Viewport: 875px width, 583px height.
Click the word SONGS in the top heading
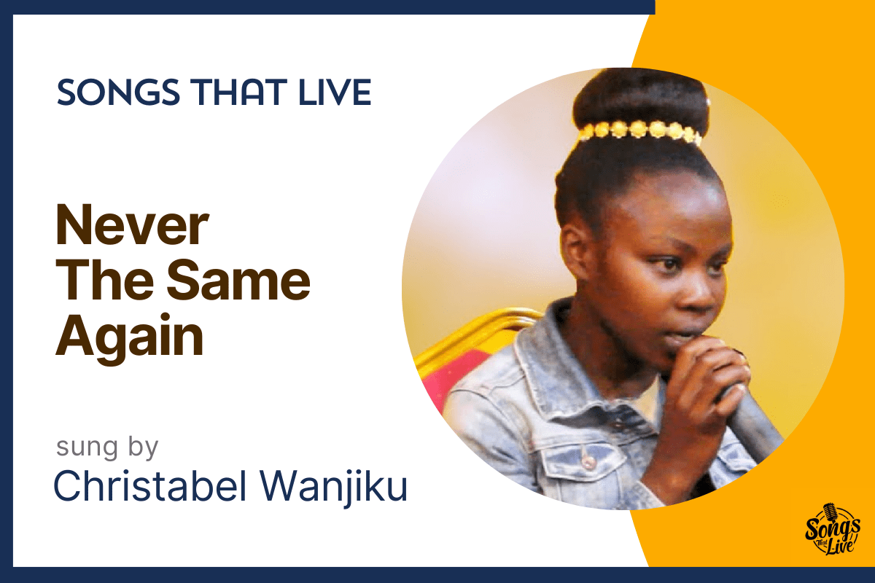[118, 92]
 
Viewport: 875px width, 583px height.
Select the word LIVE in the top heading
[335, 92]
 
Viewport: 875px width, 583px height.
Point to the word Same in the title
[238, 280]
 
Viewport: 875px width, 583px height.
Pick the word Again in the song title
[130, 336]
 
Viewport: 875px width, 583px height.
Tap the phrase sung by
[107, 447]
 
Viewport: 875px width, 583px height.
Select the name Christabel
[150, 487]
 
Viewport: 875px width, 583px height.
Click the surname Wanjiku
[334, 488]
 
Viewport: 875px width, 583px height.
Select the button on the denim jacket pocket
[587, 462]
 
